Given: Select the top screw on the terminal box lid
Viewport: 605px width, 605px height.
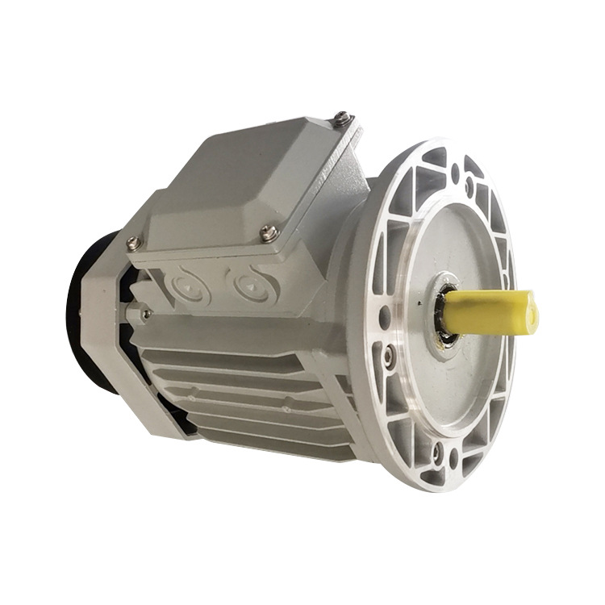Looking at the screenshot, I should (342, 119).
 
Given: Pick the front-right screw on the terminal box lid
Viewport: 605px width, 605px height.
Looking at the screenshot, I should (270, 234).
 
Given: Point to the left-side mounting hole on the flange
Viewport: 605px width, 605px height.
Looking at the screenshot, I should (385, 315).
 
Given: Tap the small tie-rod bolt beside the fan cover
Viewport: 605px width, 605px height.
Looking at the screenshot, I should (146, 312).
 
